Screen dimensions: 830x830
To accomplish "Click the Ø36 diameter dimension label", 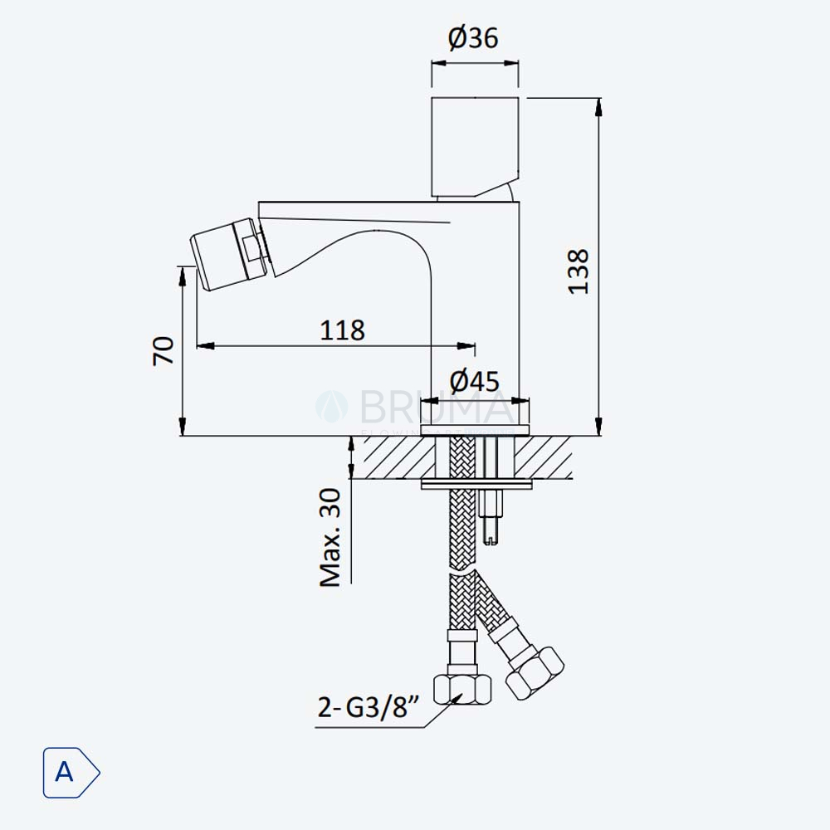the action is (x=473, y=38).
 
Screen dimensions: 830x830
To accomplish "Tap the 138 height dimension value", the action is (x=578, y=271).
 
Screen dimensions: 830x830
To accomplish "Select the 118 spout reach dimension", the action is (x=343, y=330).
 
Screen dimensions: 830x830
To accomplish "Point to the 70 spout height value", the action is (x=164, y=350).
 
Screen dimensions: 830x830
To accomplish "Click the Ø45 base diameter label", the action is (x=475, y=381).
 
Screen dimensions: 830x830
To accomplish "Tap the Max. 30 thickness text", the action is (x=330, y=538).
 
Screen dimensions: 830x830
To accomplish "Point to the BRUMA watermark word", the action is (x=432, y=407).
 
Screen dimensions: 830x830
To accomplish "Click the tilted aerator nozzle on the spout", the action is (x=229, y=254).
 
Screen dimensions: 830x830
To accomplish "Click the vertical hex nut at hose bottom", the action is (x=462, y=689).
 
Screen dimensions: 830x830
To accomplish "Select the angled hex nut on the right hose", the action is (x=535, y=673).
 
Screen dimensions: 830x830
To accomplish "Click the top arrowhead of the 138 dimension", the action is (x=598, y=106).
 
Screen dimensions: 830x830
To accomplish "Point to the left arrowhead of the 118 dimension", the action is (x=205, y=346).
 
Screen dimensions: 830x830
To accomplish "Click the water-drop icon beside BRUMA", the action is (x=332, y=407).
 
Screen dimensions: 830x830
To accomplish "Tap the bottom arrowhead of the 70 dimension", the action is (x=182, y=427).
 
